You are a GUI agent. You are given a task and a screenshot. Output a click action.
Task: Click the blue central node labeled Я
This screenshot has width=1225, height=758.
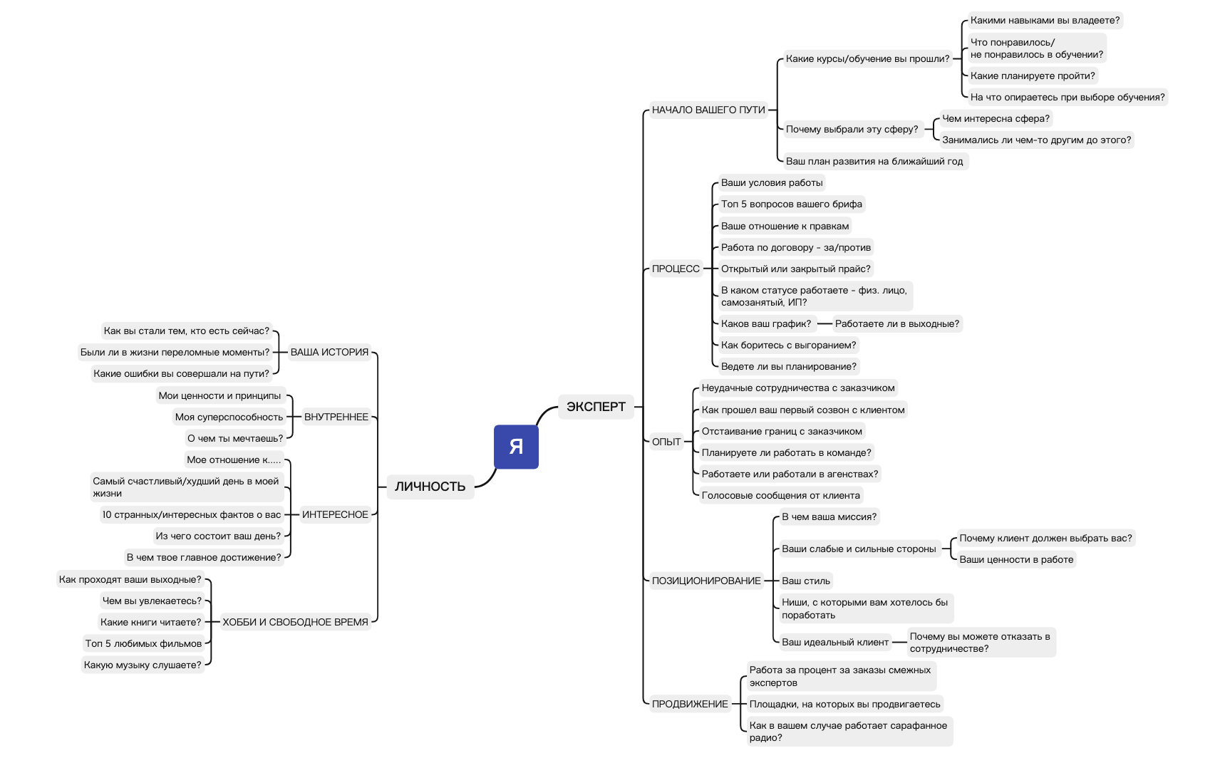[516, 447]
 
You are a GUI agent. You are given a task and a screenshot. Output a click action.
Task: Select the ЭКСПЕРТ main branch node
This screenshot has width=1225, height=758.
[596, 407]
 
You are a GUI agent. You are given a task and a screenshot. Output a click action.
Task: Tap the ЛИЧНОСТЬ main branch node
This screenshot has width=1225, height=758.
[430, 487]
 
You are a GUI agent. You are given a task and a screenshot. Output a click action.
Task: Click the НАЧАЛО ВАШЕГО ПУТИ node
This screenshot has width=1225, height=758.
[708, 110]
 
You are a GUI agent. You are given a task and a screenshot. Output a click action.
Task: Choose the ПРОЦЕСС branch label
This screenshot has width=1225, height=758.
[676, 269]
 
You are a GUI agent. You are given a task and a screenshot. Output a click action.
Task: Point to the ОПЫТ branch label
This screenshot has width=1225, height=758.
[666, 442]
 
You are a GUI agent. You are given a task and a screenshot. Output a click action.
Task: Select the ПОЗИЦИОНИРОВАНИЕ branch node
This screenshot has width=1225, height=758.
[706, 581]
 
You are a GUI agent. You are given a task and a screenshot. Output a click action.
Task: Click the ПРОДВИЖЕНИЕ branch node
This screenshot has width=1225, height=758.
[690, 704]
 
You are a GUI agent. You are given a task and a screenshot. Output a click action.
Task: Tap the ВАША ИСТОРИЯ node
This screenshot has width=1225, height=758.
[329, 352]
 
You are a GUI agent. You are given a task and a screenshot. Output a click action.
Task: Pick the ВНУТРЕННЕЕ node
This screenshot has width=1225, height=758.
[336, 417]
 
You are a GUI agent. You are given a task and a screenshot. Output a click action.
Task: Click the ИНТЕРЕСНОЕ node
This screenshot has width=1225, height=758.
[335, 514]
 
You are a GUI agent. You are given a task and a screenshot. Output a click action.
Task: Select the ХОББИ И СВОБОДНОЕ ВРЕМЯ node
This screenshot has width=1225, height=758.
[295, 622]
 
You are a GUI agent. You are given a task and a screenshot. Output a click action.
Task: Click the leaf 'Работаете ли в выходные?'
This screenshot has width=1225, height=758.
[896, 323]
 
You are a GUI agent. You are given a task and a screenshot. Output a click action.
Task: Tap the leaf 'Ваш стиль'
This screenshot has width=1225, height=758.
[805, 581]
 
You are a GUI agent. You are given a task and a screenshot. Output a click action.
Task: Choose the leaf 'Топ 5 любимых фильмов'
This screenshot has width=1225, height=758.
[143, 643]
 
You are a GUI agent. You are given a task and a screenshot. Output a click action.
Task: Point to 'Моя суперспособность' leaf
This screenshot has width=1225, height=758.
[229, 417]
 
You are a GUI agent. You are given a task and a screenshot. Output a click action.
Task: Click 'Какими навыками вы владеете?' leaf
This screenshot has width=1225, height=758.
[1045, 20]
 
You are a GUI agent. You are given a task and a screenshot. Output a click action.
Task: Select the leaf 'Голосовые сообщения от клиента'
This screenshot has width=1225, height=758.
[780, 495]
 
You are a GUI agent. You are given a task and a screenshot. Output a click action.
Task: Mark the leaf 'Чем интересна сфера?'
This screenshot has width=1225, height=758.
[996, 118]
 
